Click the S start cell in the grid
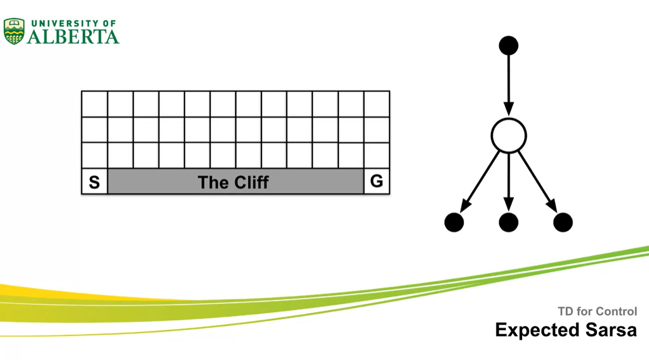(94, 181)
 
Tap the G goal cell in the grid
(377, 181)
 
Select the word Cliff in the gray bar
(249, 182)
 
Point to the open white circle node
(508, 136)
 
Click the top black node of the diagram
(508, 45)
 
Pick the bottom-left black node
(454, 222)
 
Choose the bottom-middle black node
(508, 222)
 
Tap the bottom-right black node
(563, 222)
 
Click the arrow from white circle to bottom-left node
(481, 181)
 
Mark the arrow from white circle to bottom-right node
(537, 181)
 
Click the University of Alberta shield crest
(14, 31)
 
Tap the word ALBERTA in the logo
(73, 37)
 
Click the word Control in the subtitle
(617, 311)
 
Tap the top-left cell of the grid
(95, 104)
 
